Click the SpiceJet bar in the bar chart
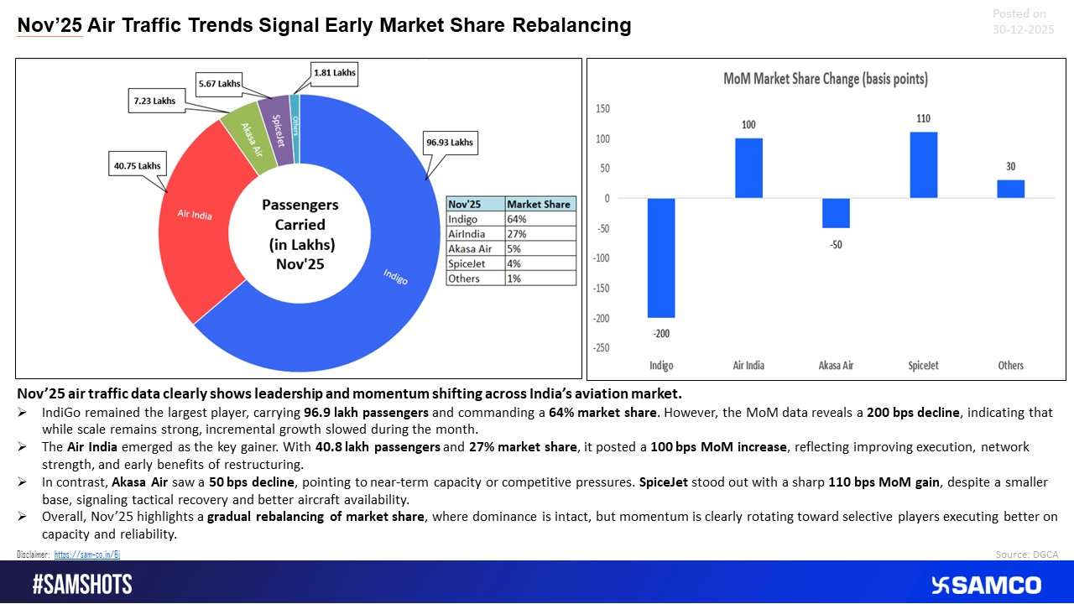pos(924,164)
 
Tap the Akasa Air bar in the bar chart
pos(836,213)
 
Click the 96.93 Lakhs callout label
pos(448,142)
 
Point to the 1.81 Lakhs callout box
pos(333,73)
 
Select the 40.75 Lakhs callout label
pos(138,165)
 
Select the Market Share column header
pos(540,204)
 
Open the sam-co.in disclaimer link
pos(93,555)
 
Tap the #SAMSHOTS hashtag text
pos(82,585)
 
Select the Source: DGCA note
pos(1026,555)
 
